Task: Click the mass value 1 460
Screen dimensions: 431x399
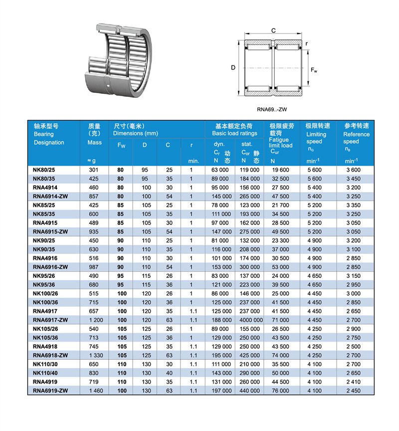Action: [95, 390]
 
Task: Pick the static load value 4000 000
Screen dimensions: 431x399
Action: [250, 319]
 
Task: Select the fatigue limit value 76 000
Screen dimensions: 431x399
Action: [280, 390]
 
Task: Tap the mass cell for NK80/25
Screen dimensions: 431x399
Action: [95, 170]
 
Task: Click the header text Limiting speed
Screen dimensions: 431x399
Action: [316, 138]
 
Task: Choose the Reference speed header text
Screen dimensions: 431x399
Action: [357, 138]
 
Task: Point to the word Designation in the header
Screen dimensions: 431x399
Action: [49, 143]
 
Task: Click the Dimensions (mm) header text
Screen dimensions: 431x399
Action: [136, 133]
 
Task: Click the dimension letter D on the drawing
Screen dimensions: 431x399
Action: [233, 68]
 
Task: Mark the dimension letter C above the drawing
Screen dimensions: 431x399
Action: [273, 30]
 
